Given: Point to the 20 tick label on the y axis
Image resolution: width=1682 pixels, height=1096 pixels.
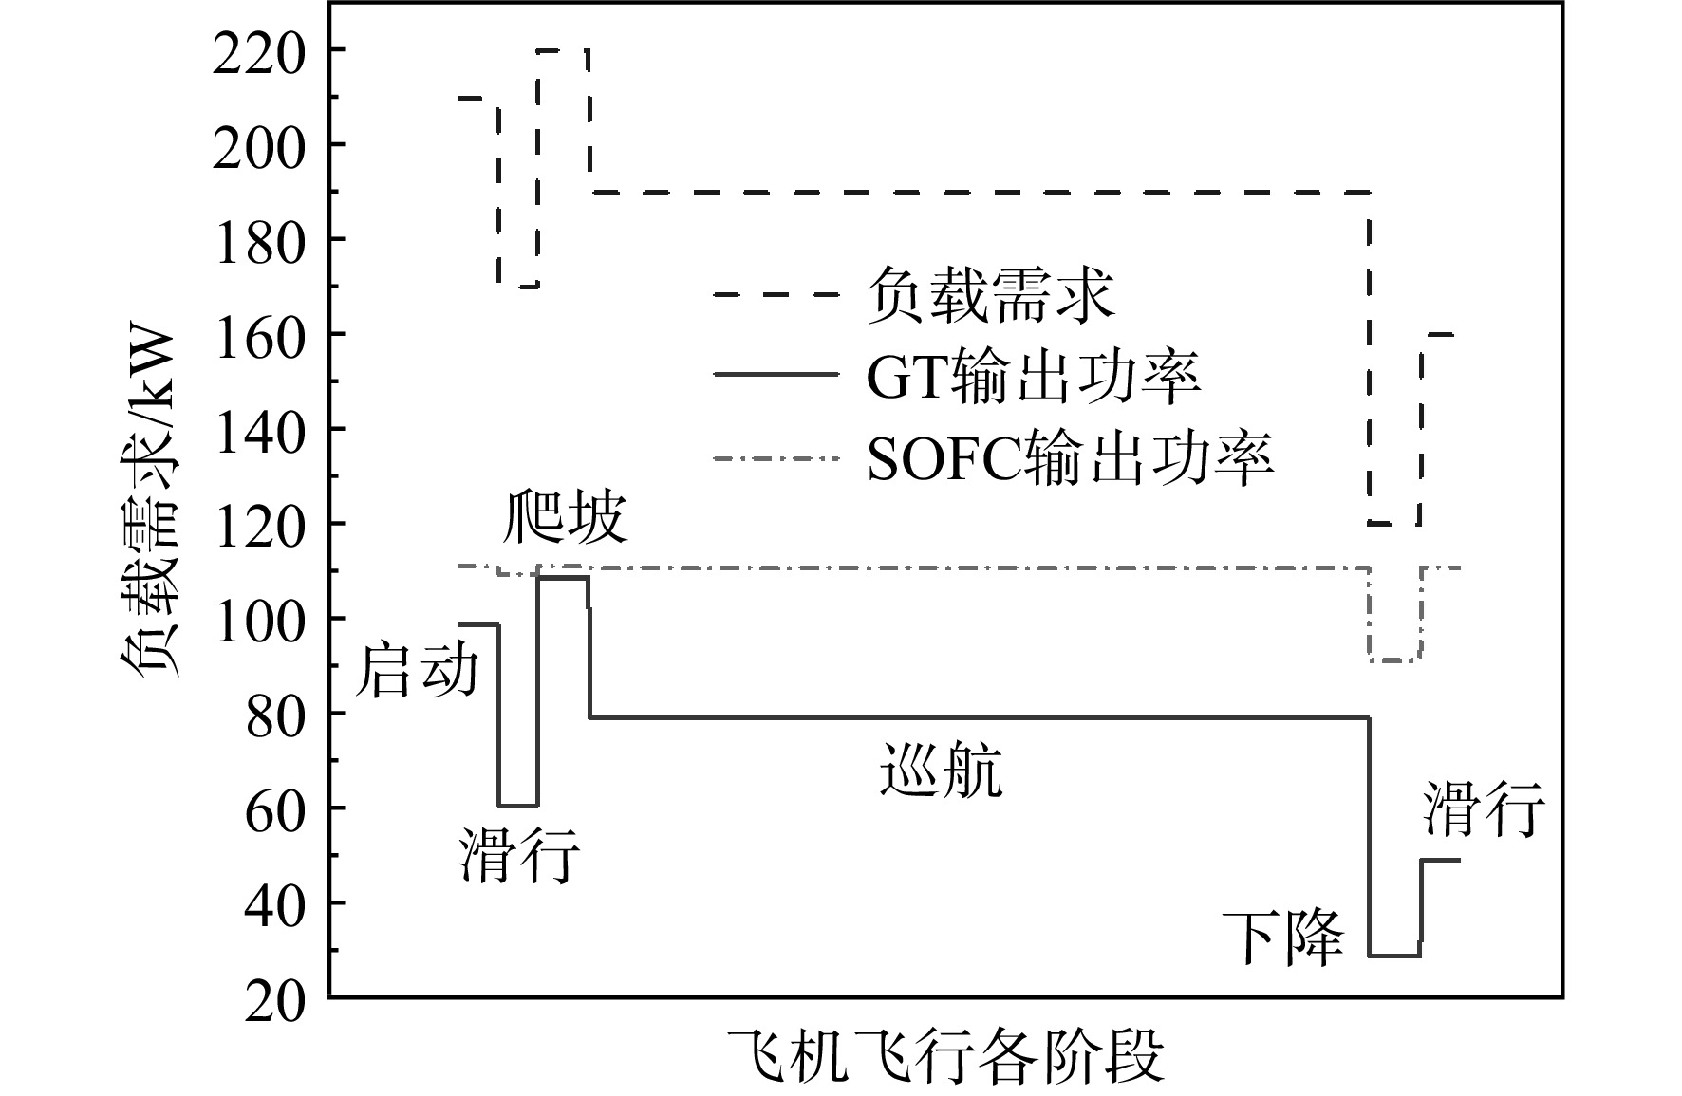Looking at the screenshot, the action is [275, 1002].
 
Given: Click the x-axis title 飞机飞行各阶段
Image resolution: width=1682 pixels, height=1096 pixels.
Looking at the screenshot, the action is [945, 1057].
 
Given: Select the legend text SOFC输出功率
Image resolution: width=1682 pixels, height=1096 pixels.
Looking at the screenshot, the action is [1069, 458].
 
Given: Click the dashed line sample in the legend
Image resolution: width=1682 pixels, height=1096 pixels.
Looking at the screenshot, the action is [776, 294].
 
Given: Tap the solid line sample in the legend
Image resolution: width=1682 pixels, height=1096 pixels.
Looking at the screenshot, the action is [776, 376].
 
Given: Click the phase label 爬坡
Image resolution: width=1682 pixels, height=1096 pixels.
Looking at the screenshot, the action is [566, 518].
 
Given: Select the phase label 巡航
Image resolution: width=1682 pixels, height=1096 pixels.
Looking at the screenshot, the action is [941, 770].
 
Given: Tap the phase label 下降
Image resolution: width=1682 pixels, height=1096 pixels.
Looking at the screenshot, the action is [1282, 939].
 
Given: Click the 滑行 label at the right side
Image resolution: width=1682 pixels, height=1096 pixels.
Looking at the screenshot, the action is [1485, 809].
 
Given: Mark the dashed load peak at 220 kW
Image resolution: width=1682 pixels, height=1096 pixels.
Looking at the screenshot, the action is [563, 49].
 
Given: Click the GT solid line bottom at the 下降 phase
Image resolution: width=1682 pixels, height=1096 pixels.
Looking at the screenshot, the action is [1394, 956].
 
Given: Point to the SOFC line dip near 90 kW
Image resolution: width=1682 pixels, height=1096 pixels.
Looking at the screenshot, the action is [1394, 660].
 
